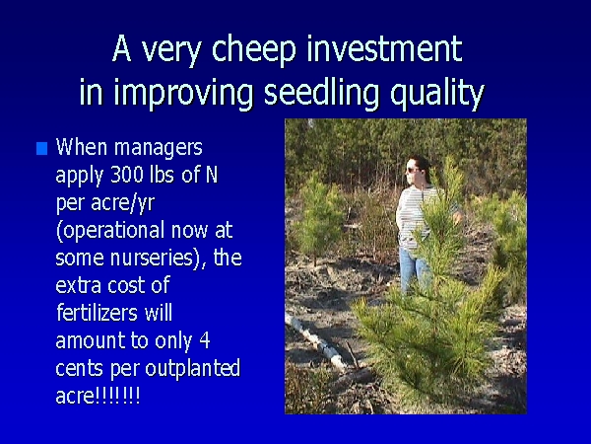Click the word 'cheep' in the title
pos(254,49)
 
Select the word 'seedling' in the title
pos(321,92)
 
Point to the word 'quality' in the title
pos(436,94)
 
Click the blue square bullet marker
pos(41,148)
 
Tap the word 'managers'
pos(159,148)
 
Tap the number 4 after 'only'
pos(204,340)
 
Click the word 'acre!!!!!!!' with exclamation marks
pos(98,396)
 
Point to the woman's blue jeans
pos(414,269)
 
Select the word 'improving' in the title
pos(183,94)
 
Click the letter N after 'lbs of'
pos(212,175)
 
